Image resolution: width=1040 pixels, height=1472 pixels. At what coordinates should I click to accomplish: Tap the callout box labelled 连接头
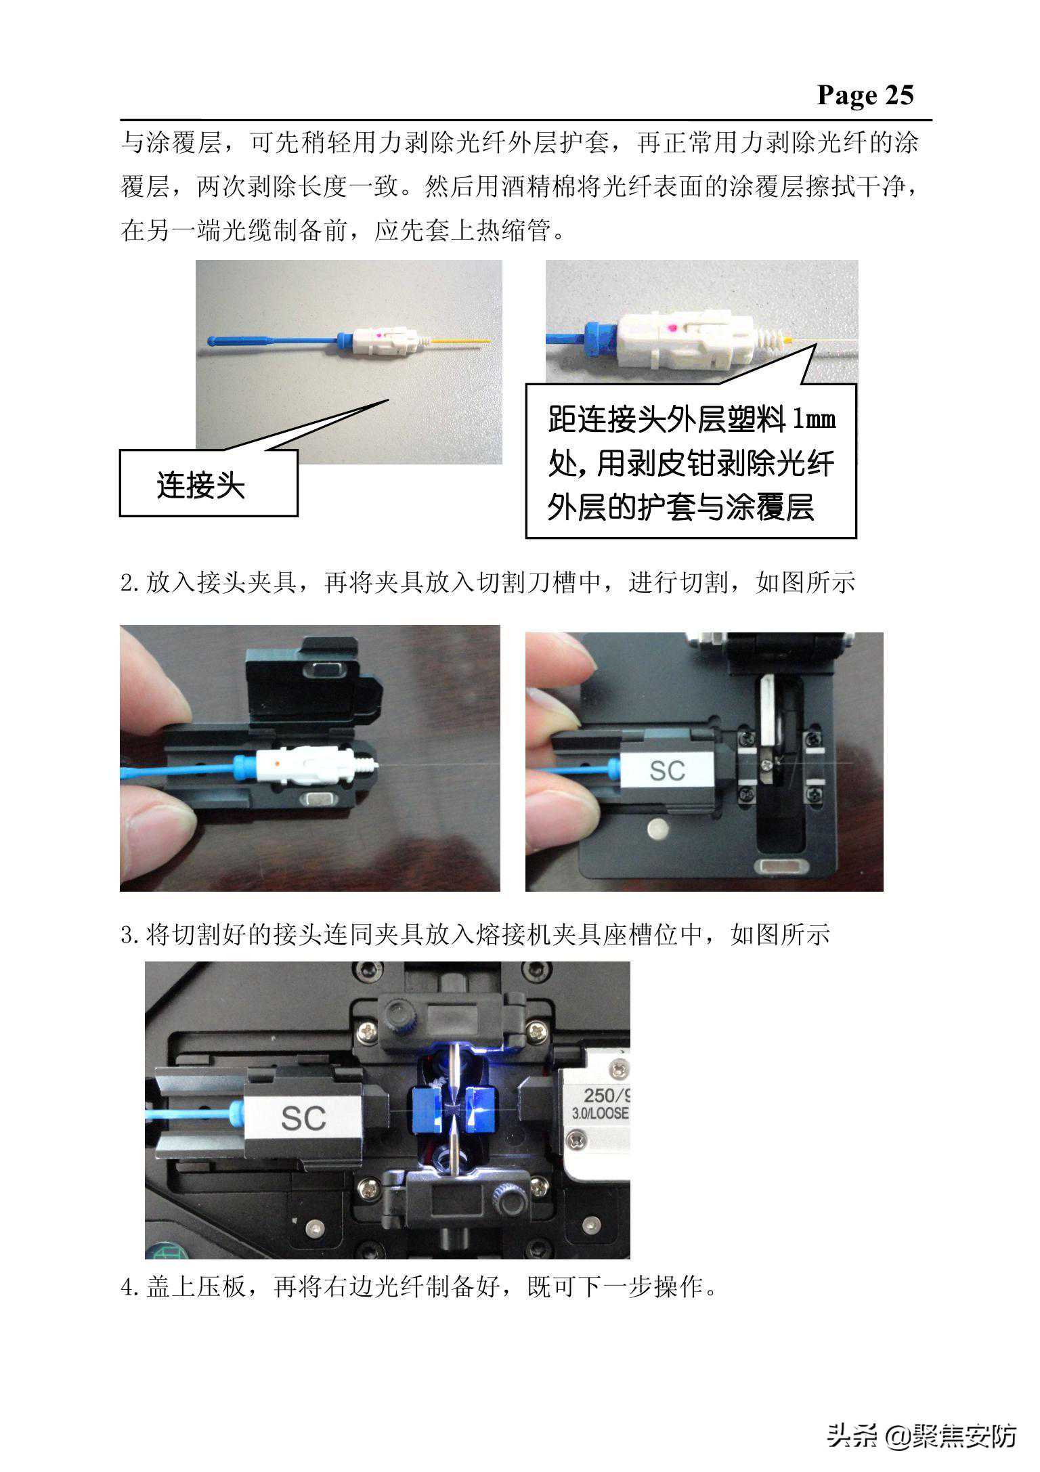(x=209, y=483)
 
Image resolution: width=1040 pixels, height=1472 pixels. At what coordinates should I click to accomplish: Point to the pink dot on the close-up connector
(x=671, y=328)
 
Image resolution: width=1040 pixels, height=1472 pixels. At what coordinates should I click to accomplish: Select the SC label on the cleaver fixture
(x=667, y=770)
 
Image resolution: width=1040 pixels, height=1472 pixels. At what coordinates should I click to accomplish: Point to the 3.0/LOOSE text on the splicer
(x=600, y=1112)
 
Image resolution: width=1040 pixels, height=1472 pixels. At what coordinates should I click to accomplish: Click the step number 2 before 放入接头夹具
(x=127, y=583)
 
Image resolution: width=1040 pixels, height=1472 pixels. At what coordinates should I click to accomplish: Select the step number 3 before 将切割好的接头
(x=127, y=936)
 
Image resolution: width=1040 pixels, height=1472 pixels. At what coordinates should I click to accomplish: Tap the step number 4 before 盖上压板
(x=127, y=1286)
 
